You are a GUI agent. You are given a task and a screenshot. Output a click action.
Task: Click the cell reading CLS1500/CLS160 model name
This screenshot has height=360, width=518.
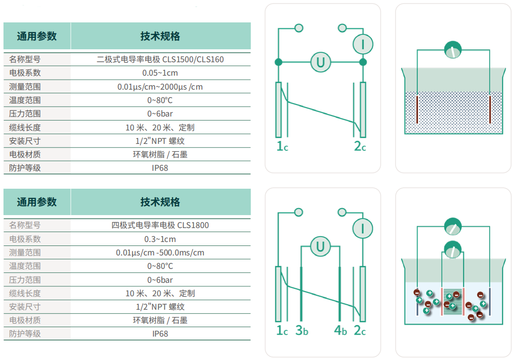pyautogui.click(x=160, y=60)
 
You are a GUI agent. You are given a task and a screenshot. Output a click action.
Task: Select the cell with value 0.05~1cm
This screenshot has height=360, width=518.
pyautogui.click(x=160, y=73)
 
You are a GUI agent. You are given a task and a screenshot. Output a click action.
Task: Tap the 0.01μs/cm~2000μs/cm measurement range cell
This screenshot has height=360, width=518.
pyautogui.click(x=160, y=87)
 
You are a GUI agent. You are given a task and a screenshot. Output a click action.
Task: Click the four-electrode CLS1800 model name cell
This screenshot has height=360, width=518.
pyautogui.click(x=160, y=226)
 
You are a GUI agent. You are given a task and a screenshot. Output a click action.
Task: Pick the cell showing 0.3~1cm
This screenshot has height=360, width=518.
pyautogui.click(x=160, y=239)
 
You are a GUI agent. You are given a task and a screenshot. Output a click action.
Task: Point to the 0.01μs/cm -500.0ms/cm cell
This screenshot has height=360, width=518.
pyautogui.click(x=160, y=253)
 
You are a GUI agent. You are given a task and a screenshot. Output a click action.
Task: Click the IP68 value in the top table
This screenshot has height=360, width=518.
pyautogui.click(x=160, y=168)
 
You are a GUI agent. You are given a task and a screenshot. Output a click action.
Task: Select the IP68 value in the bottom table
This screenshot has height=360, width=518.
pyautogui.click(x=160, y=334)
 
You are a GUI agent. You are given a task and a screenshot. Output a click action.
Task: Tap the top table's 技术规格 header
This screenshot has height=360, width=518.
pyautogui.click(x=160, y=36)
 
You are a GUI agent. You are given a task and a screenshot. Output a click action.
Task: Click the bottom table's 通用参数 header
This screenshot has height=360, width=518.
pyautogui.click(x=37, y=202)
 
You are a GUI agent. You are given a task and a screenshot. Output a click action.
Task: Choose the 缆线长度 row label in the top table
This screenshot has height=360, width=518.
pyautogui.click(x=25, y=127)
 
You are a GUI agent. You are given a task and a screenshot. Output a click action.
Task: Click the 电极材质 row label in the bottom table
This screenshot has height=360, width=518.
pyautogui.click(x=25, y=320)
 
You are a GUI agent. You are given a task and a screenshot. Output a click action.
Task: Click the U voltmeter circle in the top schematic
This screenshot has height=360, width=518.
pyautogui.click(x=320, y=62)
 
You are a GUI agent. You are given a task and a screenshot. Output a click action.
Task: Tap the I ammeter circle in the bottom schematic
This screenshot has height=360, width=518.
pyautogui.click(x=363, y=229)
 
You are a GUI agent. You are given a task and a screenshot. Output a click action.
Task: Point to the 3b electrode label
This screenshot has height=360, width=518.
pyautogui.click(x=302, y=330)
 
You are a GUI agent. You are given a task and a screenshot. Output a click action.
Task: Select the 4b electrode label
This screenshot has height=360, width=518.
pyautogui.click(x=340, y=330)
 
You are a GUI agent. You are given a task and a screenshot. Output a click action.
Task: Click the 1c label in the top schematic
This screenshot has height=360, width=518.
pyautogui.click(x=282, y=146)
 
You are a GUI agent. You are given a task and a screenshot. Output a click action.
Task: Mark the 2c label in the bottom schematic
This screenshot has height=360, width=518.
pyautogui.click(x=360, y=330)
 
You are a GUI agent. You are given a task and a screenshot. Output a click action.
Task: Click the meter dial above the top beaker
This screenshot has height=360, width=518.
pyautogui.click(x=453, y=50)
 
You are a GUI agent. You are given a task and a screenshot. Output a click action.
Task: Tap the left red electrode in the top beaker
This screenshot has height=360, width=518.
pyautogui.click(x=417, y=110)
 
